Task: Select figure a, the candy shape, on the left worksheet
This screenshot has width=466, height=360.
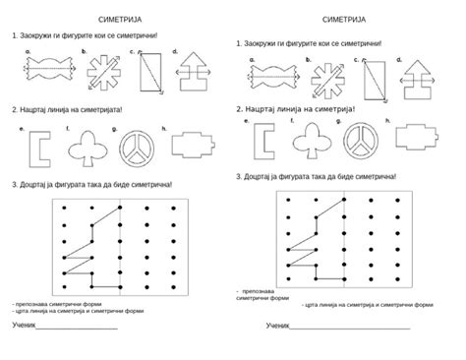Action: pyautogui.click(x=44, y=71)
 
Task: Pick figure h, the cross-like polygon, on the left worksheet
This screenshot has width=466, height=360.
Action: pyautogui.click(x=193, y=146)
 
